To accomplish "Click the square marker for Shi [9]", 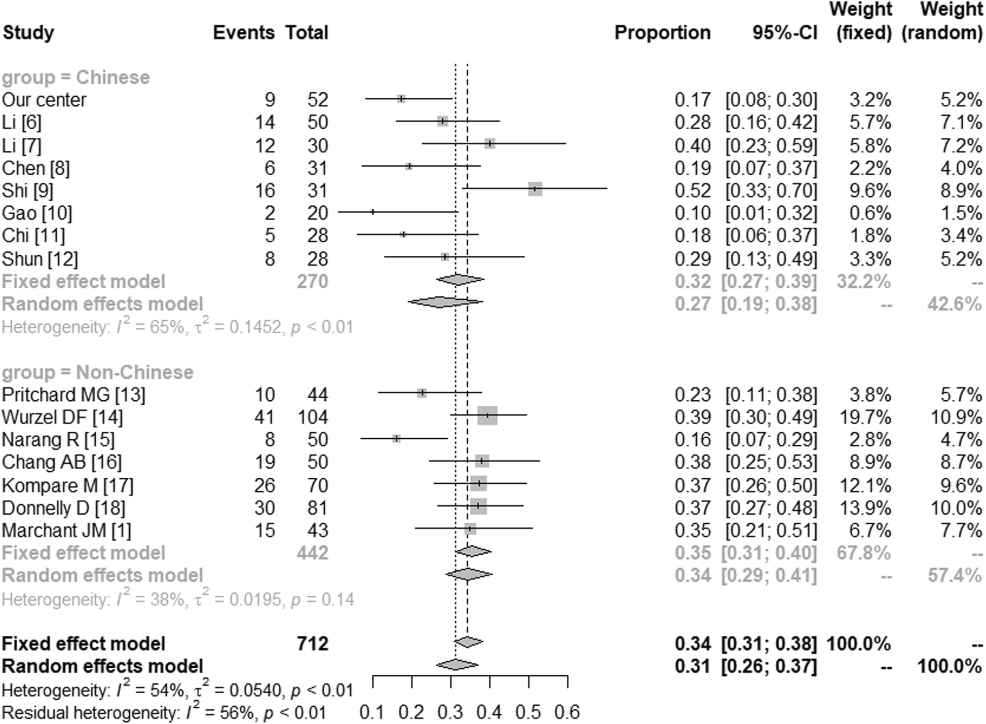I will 535,189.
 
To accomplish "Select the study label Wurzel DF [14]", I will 62,417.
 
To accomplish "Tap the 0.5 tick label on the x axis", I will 528,712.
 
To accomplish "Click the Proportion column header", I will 662,33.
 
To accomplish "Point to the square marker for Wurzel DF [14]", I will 487,415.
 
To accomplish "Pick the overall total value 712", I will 312,643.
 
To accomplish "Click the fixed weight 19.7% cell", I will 870,417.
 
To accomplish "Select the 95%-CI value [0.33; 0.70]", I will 771,190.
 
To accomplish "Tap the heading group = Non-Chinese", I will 97,372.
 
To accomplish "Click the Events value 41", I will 264,417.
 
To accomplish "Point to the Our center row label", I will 44,100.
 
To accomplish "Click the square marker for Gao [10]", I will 373,212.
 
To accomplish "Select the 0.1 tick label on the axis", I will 371,712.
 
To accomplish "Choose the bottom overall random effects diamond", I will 457,665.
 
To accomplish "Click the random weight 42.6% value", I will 954,304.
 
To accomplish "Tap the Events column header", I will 243,33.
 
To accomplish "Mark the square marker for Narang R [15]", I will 397,438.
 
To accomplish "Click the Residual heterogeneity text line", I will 164,713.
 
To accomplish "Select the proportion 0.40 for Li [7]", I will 692,146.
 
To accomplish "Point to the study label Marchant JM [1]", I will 66,530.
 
